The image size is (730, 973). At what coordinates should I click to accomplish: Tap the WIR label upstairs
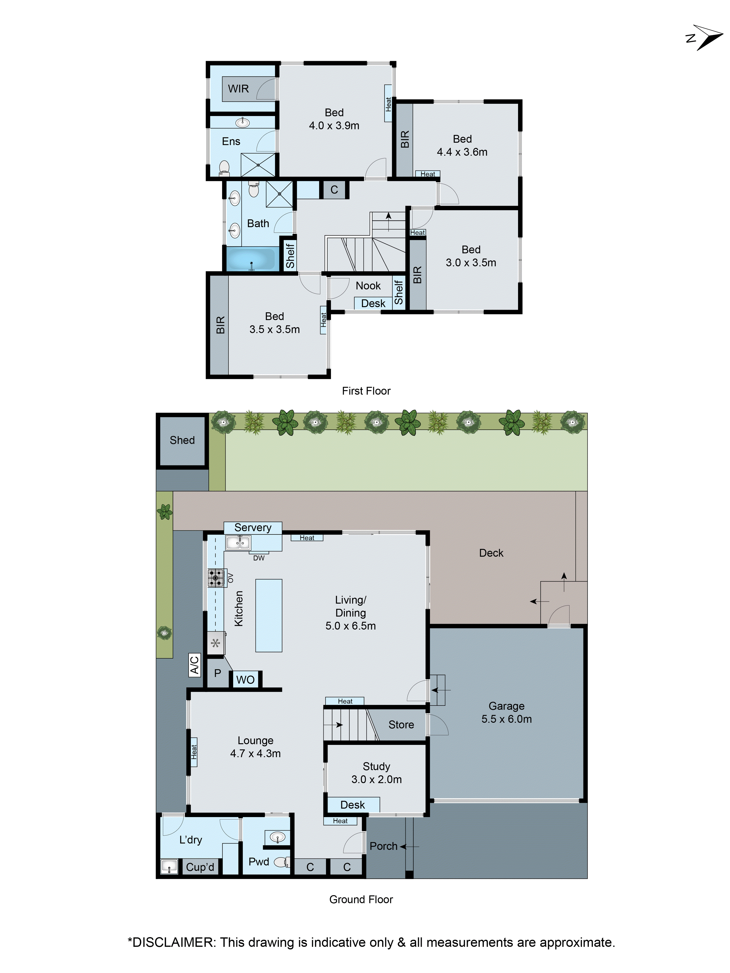click(x=238, y=89)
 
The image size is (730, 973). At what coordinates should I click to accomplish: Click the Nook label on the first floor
click(x=368, y=286)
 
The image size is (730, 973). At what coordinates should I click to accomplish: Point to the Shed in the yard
click(x=182, y=440)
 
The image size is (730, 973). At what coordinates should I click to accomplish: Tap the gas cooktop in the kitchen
click(x=216, y=578)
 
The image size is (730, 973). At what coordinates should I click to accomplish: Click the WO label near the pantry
click(x=245, y=680)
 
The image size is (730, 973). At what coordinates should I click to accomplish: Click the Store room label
click(x=401, y=724)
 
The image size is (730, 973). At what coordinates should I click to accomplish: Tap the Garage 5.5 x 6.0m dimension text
click(x=506, y=719)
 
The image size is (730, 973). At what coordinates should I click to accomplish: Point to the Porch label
click(x=383, y=846)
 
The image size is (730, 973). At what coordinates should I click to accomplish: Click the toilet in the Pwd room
click(x=281, y=862)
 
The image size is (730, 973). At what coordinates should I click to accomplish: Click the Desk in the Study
click(x=352, y=804)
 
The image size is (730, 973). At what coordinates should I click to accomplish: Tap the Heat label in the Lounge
click(x=194, y=752)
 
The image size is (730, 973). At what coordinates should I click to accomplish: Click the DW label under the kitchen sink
click(x=259, y=558)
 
